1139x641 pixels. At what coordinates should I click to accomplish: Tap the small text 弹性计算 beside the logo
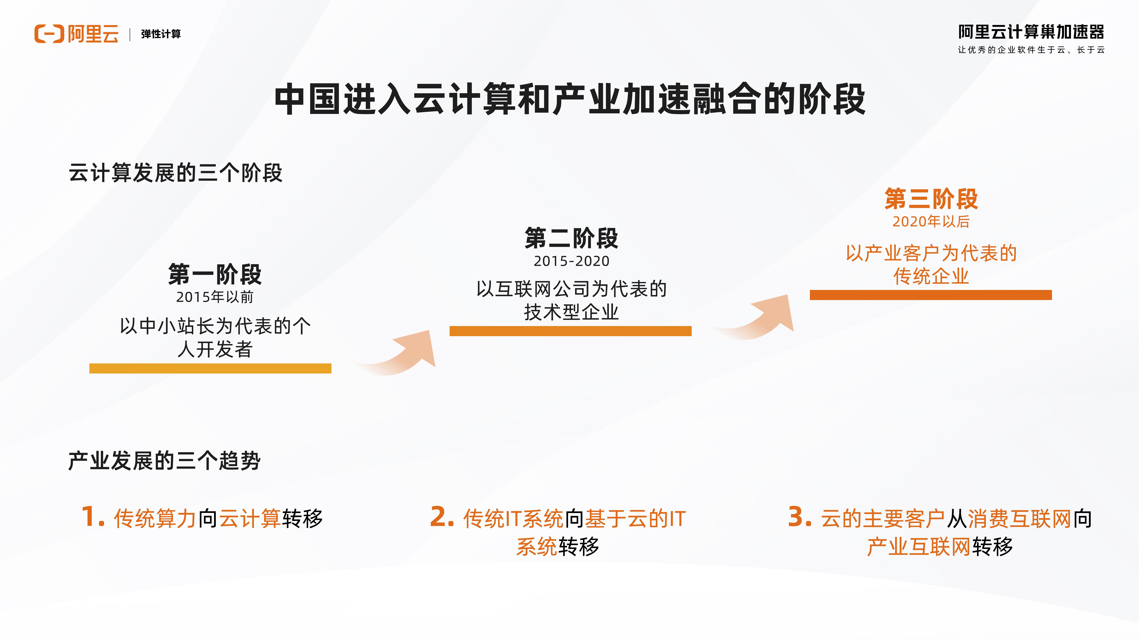coord(161,34)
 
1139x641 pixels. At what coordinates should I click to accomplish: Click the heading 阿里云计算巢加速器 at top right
coord(1031,32)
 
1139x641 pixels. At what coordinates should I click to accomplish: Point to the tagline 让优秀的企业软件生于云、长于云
coord(1031,50)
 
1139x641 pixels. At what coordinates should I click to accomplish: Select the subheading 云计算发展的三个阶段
coord(176,172)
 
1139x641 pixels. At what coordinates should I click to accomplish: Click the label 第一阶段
coord(215,274)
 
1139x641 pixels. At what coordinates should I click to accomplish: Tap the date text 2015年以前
coord(215,297)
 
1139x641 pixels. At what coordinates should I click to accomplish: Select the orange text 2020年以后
coord(931,221)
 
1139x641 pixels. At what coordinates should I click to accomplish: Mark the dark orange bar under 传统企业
coord(931,295)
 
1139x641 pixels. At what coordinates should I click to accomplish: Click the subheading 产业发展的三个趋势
coord(164,461)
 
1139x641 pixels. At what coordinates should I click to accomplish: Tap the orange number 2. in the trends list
coord(442,517)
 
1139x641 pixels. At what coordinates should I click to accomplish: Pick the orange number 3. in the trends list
coord(800,517)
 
